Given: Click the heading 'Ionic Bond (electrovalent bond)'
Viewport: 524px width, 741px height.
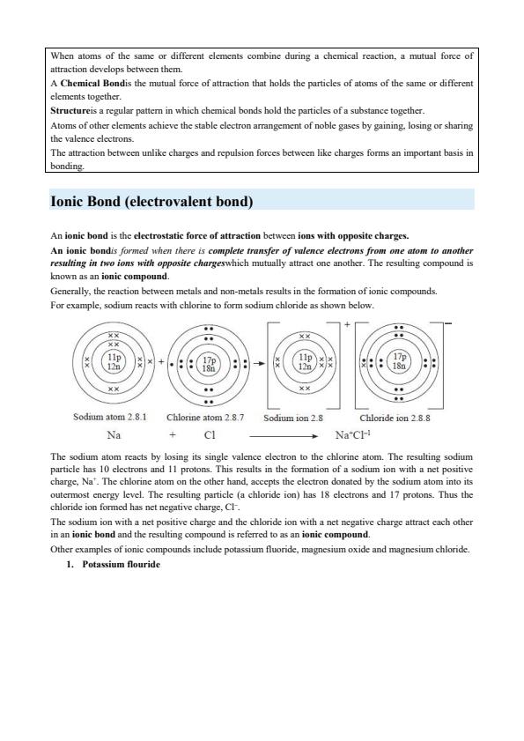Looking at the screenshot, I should pyautogui.click(x=152, y=202).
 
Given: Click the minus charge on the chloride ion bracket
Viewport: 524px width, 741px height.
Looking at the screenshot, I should pyautogui.click(x=450, y=324).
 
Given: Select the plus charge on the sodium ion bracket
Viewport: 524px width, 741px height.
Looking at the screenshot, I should pyautogui.click(x=347, y=325).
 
